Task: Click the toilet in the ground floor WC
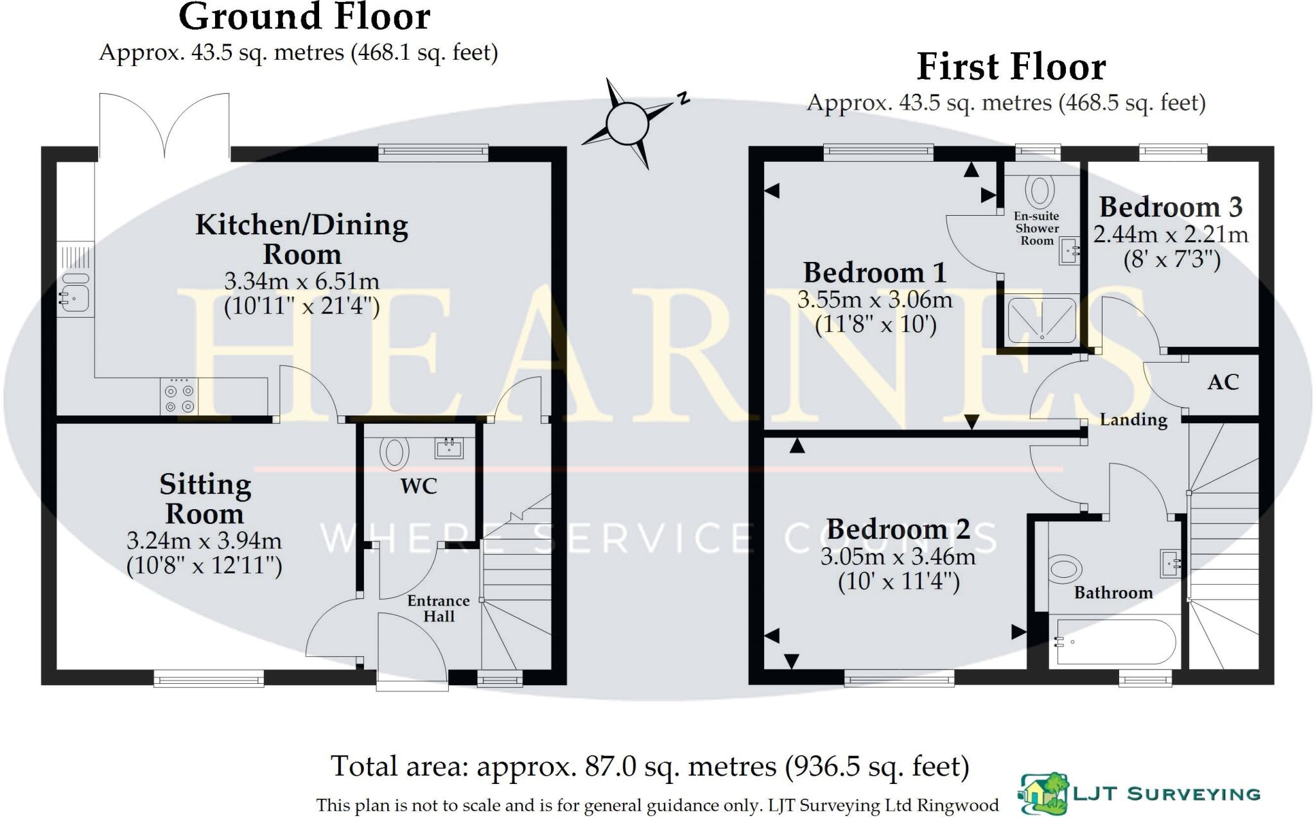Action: (x=394, y=452)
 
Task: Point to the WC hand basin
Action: (x=449, y=448)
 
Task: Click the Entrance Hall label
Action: (x=439, y=609)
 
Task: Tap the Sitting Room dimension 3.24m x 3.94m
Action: (x=204, y=541)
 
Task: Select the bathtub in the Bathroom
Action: (x=1114, y=641)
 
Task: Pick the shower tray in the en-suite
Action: (x=1041, y=319)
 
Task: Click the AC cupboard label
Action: (x=1223, y=383)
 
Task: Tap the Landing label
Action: (x=1133, y=420)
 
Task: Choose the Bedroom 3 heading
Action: (x=1171, y=207)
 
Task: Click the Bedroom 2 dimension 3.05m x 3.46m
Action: (x=898, y=557)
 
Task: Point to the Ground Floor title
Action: (x=304, y=17)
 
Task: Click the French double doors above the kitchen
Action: (x=164, y=125)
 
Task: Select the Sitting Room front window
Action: (x=209, y=679)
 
